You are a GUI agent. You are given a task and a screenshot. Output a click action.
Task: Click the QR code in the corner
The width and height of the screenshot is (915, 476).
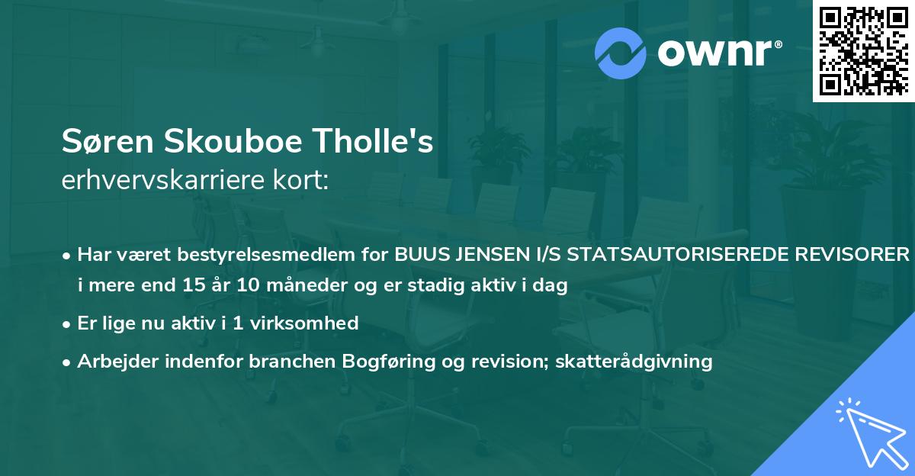pyautogui.click(x=863, y=51)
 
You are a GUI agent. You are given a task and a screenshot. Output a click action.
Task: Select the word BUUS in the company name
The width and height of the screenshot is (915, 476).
pyautogui.click(x=418, y=254)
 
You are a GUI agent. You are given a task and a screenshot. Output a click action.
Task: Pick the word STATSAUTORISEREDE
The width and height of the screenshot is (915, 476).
pyautogui.click(x=673, y=254)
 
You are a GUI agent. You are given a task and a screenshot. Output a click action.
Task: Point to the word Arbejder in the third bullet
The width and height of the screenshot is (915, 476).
pyautogui.click(x=111, y=361)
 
